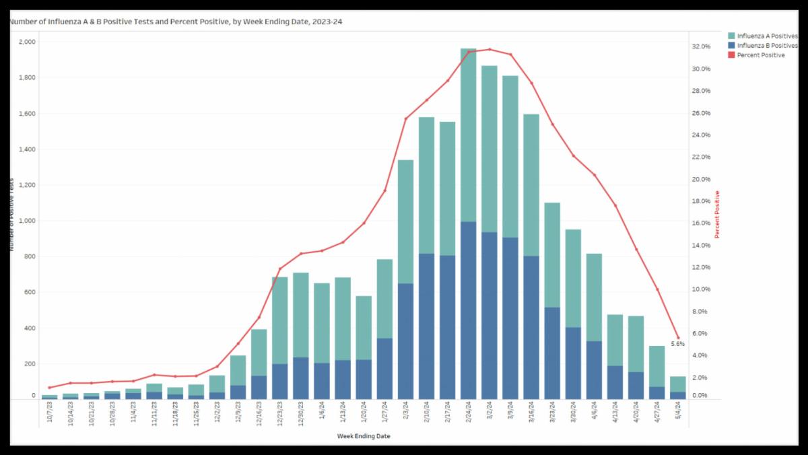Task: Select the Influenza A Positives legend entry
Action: tap(766, 35)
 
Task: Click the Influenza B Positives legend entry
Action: tap(766, 45)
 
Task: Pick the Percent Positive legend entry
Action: tap(761, 55)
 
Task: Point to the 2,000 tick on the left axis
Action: tap(28, 42)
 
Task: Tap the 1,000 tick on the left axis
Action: tap(28, 221)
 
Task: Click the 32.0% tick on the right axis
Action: tap(701, 46)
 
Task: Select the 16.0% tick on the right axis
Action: tap(701, 223)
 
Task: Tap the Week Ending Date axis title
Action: tap(364, 436)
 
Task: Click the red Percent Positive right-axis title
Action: tap(717, 215)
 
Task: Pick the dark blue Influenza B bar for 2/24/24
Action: tap(469, 310)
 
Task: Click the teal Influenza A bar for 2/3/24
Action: tap(405, 222)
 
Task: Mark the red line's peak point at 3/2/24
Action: tap(490, 49)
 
